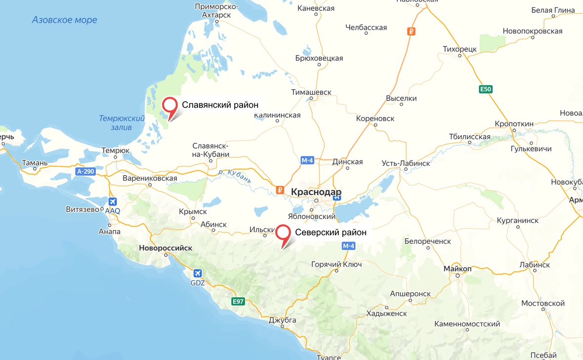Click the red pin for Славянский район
pos(170,105)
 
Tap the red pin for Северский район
pos(283,233)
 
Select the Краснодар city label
pos(316,192)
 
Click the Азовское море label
pos(64,20)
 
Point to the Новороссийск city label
pos(166,248)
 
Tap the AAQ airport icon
pos(112,201)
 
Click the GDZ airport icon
pos(198,273)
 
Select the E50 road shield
pos(486,89)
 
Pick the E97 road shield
pos(239,301)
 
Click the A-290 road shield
pos(85,171)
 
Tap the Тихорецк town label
pos(459,49)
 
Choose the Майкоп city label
pos(458,269)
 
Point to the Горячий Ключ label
pos(336,264)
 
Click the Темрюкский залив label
pos(122,123)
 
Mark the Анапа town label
pos(109,232)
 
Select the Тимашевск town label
pos(311,92)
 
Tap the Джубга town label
pos(282,320)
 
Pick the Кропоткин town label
pos(514,123)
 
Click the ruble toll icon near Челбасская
pos(411,32)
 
